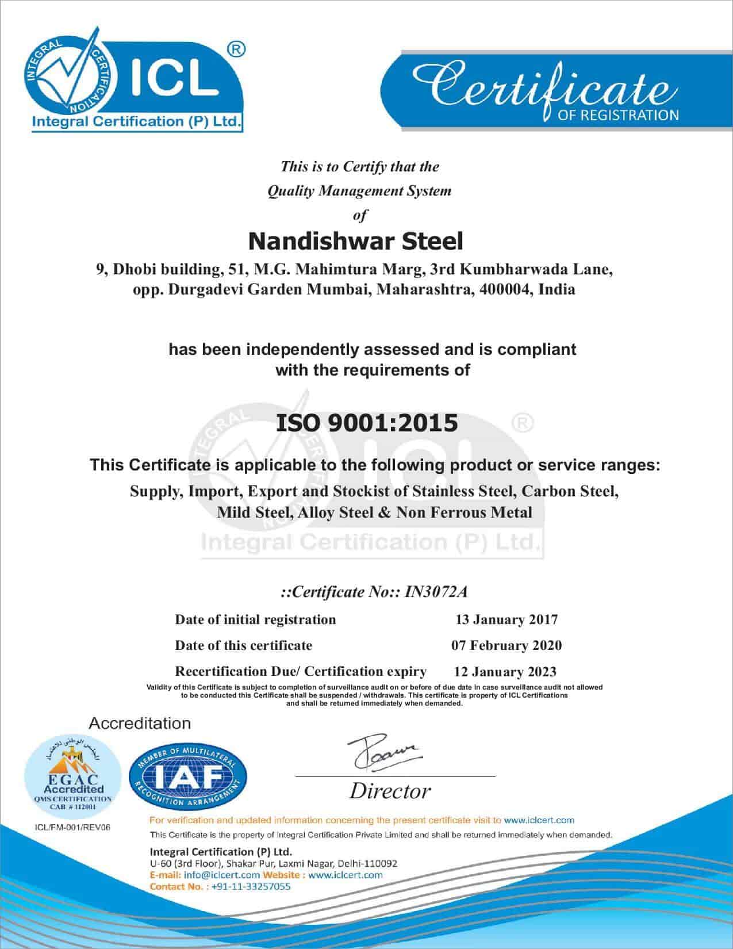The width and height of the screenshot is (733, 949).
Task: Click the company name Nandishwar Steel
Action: [355, 242]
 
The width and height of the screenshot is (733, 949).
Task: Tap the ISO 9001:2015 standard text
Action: [367, 423]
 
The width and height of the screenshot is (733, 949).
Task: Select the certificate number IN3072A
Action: [440, 592]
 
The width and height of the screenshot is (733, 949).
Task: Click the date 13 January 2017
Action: [506, 619]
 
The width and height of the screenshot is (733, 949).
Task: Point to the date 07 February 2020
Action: [506, 645]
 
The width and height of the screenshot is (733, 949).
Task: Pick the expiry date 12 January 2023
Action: [505, 671]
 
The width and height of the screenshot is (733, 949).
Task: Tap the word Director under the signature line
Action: [390, 791]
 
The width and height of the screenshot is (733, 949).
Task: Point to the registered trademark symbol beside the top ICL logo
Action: [236, 49]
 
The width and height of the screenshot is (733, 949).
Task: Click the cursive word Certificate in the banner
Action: [540, 86]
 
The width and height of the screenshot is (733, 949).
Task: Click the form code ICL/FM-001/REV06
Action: [72, 827]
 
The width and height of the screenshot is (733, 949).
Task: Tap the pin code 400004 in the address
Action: [504, 289]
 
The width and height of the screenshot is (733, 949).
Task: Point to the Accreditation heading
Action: [140, 723]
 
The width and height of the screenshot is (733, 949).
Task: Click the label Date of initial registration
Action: [255, 619]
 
